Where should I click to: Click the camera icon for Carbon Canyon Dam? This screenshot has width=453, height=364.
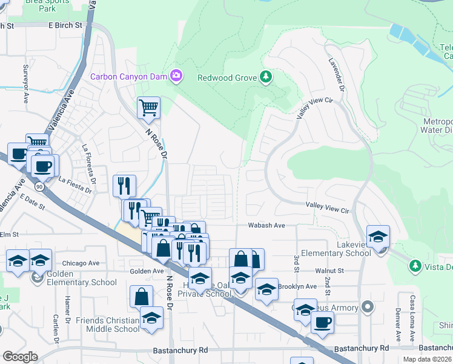(176, 76)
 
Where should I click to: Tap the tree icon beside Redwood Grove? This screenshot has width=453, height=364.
(265, 76)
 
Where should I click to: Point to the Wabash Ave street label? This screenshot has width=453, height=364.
(266, 225)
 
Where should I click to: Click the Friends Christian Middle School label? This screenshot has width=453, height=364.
(108, 325)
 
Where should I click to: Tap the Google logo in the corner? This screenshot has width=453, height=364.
(20, 357)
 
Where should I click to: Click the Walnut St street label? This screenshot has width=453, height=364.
(329, 271)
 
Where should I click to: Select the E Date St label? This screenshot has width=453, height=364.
(32, 202)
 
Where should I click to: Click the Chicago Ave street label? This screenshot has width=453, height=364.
(81, 263)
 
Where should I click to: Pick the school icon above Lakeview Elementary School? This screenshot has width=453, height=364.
(378, 236)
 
